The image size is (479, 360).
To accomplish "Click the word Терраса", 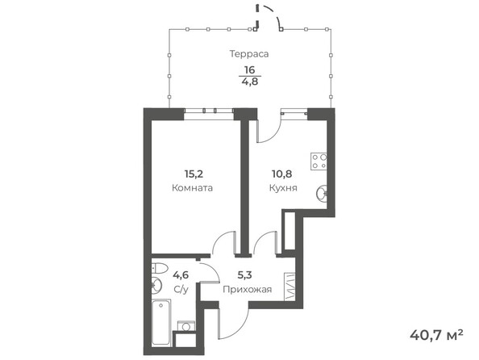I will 248,54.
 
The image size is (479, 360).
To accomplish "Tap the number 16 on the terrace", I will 249,70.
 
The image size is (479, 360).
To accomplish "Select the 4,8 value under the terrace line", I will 249,81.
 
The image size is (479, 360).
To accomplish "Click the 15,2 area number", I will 193,172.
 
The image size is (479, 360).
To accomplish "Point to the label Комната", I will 193,187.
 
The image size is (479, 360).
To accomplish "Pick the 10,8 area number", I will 284,172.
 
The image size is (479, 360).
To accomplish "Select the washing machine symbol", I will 188,326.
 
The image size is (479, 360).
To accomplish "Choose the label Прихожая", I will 248,288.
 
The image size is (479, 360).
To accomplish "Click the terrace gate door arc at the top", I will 275,20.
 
